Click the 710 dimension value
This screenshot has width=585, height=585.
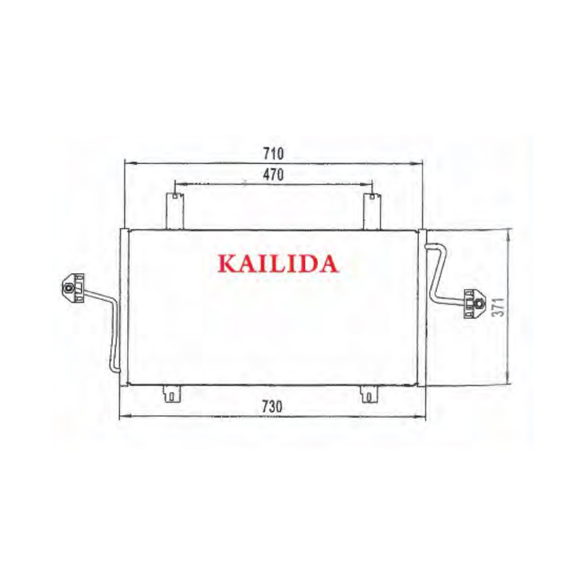click(x=273, y=154)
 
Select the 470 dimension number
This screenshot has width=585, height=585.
click(x=273, y=175)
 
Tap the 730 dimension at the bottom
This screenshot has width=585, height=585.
click(x=272, y=407)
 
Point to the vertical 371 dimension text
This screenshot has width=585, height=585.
click(x=498, y=307)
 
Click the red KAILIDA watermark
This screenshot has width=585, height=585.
click(x=278, y=263)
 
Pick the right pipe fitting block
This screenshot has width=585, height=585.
click(x=474, y=303)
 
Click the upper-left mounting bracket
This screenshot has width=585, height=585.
click(x=175, y=211)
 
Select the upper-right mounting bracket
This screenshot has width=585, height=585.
click(x=371, y=211)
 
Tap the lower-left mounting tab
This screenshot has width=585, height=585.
click(x=172, y=394)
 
